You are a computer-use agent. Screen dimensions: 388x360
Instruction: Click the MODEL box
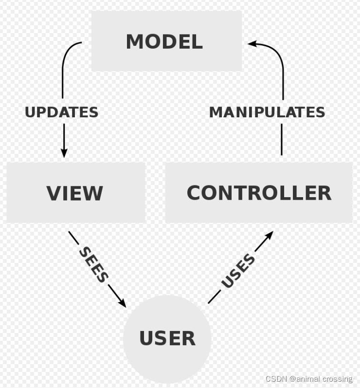point(166,41)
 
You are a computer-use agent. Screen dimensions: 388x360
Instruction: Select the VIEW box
point(75,193)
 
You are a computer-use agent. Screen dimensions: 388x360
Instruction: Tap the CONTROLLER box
point(258,193)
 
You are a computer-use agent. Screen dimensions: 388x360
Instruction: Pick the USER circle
point(167,338)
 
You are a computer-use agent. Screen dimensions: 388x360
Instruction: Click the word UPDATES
point(62,112)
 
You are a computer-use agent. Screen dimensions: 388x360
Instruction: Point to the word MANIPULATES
point(267,112)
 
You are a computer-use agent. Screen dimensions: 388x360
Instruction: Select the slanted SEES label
point(93,264)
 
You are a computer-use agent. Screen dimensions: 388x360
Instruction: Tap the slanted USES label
point(238,271)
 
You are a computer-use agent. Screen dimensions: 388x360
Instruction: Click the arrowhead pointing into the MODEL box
point(252,44)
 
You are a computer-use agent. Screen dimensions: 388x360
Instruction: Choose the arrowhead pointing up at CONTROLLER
point(269,236)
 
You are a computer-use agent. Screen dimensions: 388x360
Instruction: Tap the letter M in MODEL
point(134,42)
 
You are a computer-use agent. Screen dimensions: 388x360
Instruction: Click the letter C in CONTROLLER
point(195,193)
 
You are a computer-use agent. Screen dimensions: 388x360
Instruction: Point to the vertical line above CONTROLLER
point(282,139)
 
